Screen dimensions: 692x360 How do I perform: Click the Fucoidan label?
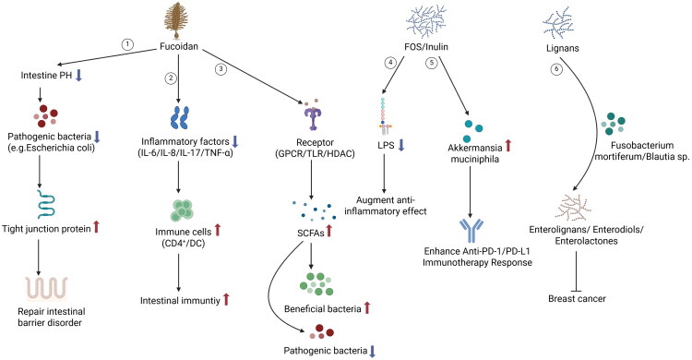(179, 46)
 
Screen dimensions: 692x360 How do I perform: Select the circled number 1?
(127, 44)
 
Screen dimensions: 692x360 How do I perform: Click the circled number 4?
(390, 63)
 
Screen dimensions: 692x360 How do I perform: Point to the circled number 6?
(556, 69)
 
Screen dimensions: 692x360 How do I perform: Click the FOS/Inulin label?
(426, 46)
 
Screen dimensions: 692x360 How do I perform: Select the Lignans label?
(562, 48)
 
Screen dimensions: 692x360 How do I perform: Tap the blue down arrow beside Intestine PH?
(79, 76)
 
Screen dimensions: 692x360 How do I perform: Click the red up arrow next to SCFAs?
(328, 231)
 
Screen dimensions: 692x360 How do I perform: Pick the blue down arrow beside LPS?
(401, 145)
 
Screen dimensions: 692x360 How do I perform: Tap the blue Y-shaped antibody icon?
(471, 231)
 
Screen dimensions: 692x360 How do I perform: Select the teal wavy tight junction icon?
(46, 206)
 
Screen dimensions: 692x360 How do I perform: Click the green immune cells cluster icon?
(182, 210)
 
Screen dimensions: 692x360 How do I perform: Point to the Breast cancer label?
(577, 298)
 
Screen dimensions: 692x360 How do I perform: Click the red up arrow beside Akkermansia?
(508, 145)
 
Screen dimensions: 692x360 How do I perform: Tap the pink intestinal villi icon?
(46, 289)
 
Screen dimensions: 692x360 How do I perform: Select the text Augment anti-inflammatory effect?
(386, 206)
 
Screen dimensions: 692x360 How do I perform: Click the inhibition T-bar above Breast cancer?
(576, 271)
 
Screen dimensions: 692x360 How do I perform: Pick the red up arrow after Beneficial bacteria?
(366, 308)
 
